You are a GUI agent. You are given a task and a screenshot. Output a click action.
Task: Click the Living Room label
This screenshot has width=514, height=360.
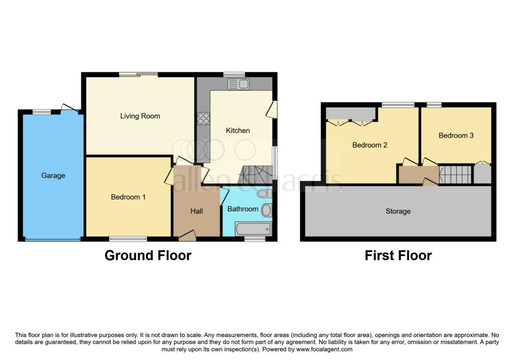click(140, 116)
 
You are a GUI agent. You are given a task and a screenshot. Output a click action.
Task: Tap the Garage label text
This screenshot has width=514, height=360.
click(53, 176)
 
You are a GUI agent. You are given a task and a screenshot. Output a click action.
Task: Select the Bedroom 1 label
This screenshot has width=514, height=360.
click(128, 197)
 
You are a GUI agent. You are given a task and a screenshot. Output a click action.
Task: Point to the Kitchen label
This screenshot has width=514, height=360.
click(237, 131)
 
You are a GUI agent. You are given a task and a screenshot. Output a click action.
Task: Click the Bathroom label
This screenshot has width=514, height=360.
click(242, 209)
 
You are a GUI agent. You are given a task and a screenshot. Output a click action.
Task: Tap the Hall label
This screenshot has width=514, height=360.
click(197, 211)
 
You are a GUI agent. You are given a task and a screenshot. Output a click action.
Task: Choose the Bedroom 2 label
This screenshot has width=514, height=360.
click(370, 145)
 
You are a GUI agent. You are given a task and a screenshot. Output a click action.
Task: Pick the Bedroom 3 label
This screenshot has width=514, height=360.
click(456, 136)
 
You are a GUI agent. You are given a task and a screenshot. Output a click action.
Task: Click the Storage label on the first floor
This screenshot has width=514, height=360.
click(398, 211)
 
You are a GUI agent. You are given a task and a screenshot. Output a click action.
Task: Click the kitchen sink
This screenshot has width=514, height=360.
click(238, 84)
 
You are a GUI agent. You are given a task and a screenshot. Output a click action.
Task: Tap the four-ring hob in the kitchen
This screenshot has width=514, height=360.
click(203, 118)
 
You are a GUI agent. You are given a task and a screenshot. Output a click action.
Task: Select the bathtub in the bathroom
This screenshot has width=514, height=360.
click(253, 228)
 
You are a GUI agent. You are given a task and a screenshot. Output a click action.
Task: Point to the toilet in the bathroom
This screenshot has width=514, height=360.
click(265, 193)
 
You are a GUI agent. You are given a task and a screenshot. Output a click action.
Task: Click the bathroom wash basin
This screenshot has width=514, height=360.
click(267, 210)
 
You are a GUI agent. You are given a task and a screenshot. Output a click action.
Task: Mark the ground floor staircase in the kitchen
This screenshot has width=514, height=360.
click(257, 175)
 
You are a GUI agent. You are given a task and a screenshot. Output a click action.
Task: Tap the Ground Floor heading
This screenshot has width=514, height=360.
click(148, 256)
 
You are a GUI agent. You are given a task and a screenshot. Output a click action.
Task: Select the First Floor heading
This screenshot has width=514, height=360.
click(398, 256)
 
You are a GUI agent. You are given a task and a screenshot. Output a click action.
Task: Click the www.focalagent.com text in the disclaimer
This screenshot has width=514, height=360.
click(324, 349)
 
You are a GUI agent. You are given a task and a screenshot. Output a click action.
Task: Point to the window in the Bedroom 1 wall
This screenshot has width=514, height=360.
click(128, 238)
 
